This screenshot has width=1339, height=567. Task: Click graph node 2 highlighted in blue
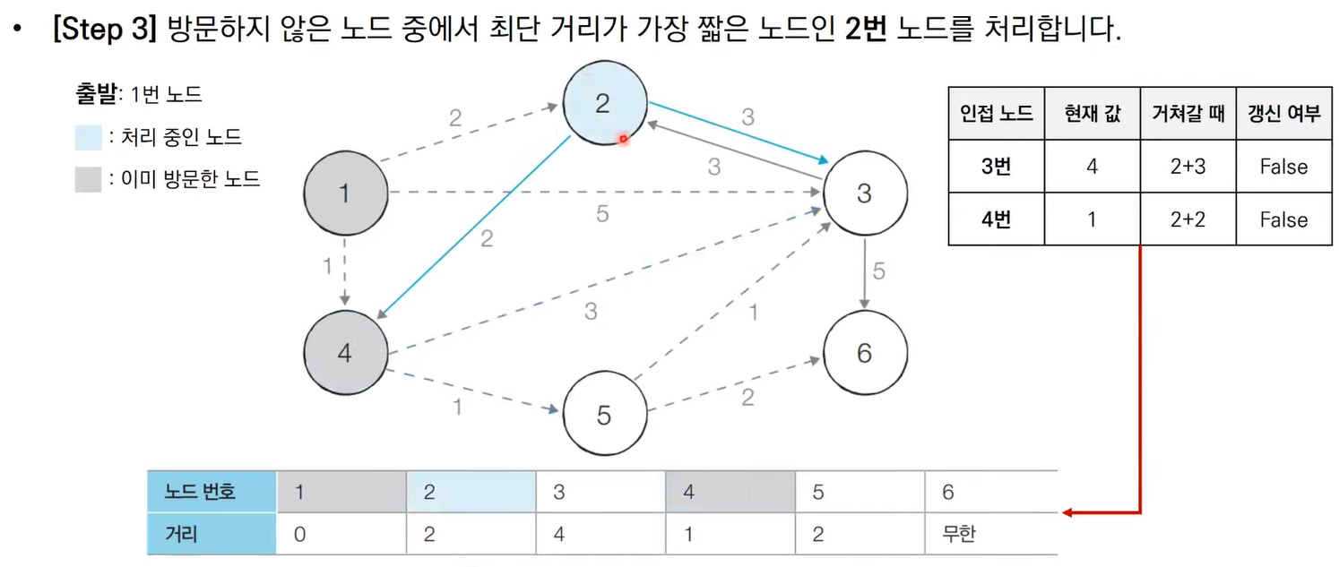(x=602, y=105)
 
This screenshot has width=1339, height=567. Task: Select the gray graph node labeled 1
(x=345, y=192)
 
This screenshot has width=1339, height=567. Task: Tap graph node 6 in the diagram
(x=864, y=353)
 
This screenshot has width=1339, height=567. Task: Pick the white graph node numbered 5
(x=604, y=415)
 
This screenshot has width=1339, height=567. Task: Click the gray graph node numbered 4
(x=345, y=353)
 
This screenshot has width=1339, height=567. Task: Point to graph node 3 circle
(x=864, y=193)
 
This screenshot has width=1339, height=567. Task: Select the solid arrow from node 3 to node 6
(x=864, y=272)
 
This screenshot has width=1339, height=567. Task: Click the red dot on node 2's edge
(x=623, y=139)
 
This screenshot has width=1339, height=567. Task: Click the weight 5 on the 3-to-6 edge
(x=878, y=271)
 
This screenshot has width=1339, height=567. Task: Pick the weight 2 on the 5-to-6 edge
(x=747, y=398)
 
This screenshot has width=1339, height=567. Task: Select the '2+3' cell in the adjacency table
(x=1188, y=167)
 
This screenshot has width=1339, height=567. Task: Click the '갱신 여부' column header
(x=1283, y=113)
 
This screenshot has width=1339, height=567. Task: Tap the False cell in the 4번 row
(x=1283, y=219)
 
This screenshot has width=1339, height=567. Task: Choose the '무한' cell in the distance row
(x=959, y=535)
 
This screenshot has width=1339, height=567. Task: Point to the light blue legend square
(x=88, y=138)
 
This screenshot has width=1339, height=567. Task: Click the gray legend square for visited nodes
(x=88, y=179)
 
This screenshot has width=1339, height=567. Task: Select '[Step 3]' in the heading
(x=105, y=31)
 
